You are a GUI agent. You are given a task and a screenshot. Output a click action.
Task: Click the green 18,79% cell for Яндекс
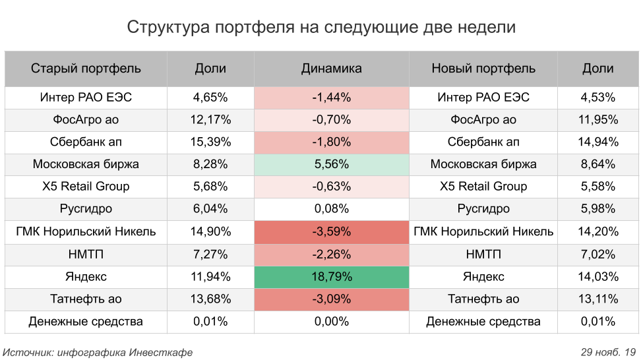click(331, 277)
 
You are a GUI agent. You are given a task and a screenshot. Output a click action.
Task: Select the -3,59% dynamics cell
click(331, 232)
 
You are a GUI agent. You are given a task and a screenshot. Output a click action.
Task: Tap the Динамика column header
click(331, 69)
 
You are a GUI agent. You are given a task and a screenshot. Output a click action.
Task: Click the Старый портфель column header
click(86, 69)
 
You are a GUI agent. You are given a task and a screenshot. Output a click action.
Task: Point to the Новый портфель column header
click(483, 69)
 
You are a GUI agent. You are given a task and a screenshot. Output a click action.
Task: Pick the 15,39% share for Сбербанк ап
click(210, 142)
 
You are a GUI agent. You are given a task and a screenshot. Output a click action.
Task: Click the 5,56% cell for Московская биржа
click(331, 165)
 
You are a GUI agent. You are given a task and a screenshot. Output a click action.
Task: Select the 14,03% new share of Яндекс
click(598, 277)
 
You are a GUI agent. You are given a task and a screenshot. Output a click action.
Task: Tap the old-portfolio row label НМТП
click(86, 255)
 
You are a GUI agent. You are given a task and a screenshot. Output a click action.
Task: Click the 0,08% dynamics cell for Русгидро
click(331, 210)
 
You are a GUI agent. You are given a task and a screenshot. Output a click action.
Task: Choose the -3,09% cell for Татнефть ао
click(331, 299)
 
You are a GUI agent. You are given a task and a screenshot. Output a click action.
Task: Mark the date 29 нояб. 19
click(608, 352)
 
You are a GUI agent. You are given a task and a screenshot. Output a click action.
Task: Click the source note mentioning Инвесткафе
click(98, 352)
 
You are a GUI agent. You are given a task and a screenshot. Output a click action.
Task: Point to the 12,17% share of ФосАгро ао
click(210, 120)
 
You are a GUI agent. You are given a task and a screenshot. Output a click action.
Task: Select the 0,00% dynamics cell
click(331, 322)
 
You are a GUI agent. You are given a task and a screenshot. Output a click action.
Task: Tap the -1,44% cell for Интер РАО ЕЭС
click(331, 98)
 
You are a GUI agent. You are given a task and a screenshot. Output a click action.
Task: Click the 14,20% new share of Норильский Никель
click(598, 232)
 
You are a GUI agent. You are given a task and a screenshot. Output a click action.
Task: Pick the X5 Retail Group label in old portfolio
click(86, 187)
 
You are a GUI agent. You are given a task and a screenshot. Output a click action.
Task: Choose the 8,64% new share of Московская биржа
click(598, 165)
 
